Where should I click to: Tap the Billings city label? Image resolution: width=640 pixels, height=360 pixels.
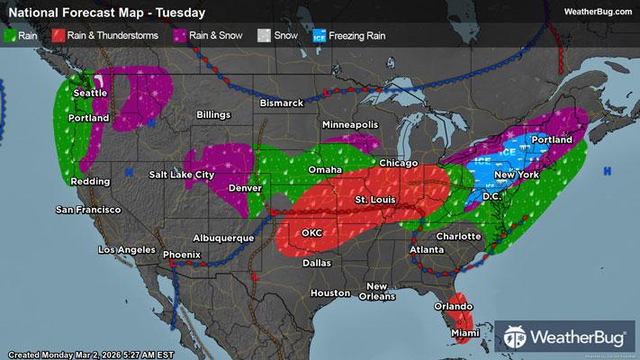(214, 116)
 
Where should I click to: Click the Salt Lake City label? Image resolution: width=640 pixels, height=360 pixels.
(183, 174)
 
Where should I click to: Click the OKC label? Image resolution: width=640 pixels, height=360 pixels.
(311, 232)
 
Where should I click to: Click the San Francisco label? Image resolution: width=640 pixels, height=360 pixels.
(88, 210)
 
